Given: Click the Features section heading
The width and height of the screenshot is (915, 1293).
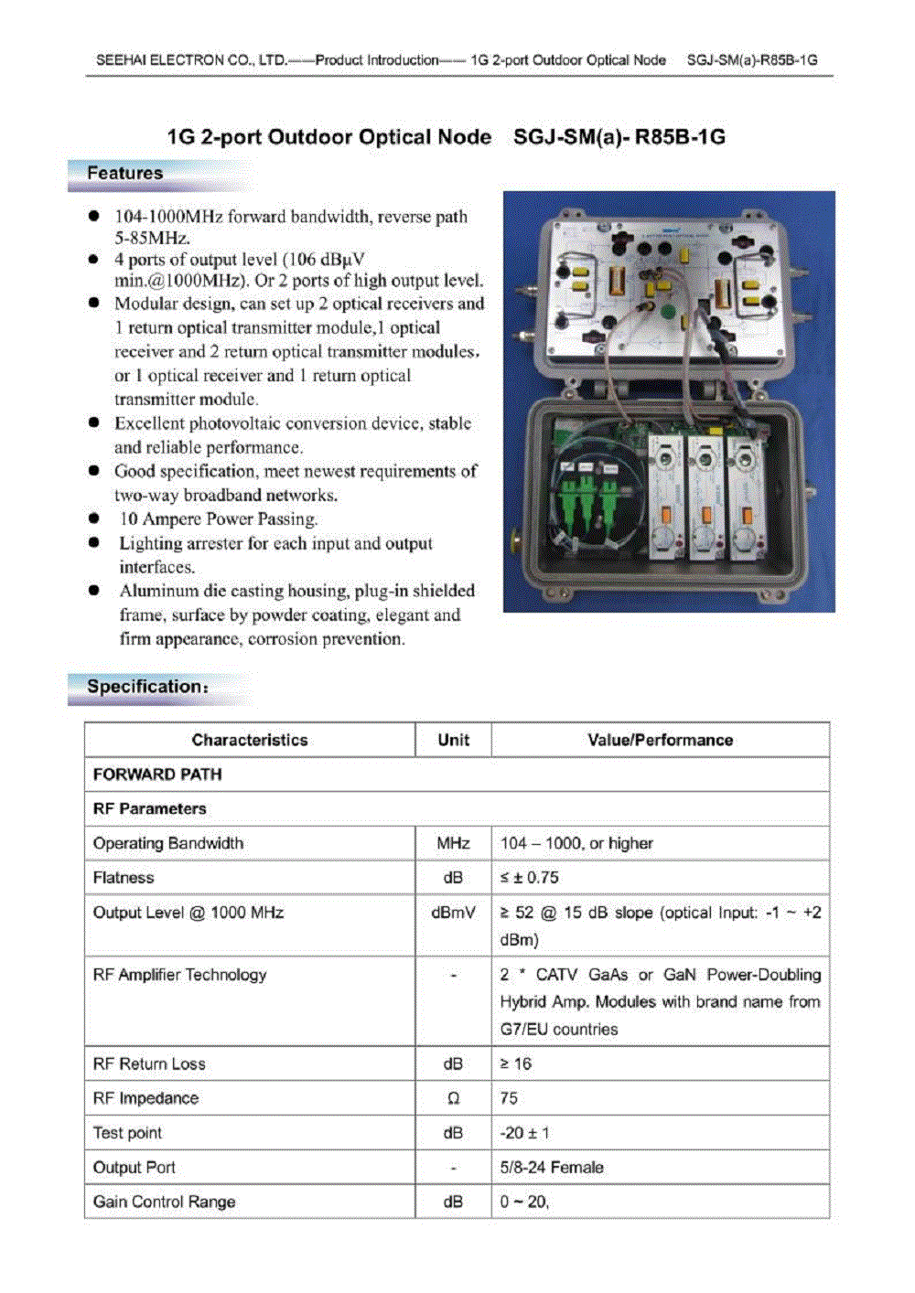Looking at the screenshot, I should [125, 174].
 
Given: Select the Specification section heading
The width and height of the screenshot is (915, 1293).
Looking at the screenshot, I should [146, 687].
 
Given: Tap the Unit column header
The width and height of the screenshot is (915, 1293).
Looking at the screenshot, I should [453, 740].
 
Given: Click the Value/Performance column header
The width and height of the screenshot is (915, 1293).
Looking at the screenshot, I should [660, 740].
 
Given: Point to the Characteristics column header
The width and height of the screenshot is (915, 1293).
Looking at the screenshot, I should [249, 740].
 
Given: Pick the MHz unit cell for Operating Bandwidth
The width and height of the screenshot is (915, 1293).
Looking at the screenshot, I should [453, 843].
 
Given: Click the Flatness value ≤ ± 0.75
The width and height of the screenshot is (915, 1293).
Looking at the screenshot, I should [530, 878].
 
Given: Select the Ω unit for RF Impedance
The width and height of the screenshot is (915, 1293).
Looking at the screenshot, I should [453, 1098].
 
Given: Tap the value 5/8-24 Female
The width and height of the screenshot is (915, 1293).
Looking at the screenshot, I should [552, 1168].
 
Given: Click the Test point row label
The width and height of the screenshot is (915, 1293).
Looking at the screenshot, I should [127, 1133].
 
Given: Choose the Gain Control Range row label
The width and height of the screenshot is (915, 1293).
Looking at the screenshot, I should [164, 1202].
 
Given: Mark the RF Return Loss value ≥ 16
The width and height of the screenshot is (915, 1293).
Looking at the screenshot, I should [516, 1064].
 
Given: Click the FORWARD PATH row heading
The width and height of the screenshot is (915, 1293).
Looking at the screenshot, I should [157, 775].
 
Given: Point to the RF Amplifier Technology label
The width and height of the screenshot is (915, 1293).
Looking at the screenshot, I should [179, 975].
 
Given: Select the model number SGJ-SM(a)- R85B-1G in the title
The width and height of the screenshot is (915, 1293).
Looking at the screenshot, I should [619, 137].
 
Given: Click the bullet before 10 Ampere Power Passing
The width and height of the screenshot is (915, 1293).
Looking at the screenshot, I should [94, 518].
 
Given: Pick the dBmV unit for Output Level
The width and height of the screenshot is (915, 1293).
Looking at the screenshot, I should [453, 913].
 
